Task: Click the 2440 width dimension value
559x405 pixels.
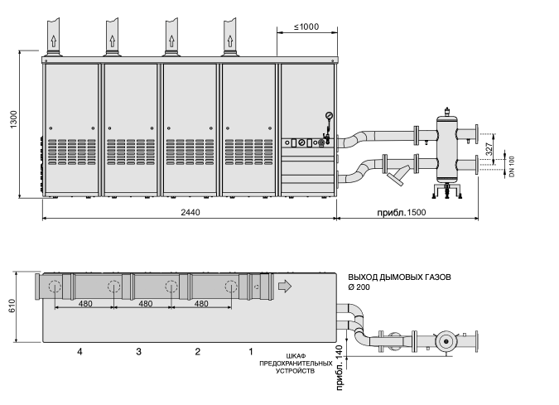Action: pos(190,213)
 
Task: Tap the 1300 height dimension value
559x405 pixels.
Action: pos(13,120)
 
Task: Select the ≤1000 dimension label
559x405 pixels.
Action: pos(306,27)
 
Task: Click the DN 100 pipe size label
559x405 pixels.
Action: pos(512,166)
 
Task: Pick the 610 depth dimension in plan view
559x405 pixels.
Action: pos(12,306)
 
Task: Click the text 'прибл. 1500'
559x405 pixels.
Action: pos(402,213)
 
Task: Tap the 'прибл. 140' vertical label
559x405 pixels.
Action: pos(339,368)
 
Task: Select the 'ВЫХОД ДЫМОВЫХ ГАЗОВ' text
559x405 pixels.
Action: pos(399,277)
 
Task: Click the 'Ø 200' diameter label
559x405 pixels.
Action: pos(359,287)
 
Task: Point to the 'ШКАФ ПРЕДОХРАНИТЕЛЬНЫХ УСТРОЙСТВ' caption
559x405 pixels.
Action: pos(296,364)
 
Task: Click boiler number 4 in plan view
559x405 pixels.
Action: pos(80,352)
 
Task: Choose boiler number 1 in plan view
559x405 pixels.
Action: pos(251,352)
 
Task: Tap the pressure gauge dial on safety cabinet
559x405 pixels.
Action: pos(329,115)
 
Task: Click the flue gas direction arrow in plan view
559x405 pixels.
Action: pos(285,286)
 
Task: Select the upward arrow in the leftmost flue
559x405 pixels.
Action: pos(54,41)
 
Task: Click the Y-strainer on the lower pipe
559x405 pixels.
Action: pos(398,175)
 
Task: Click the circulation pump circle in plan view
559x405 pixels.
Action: pos(446,341)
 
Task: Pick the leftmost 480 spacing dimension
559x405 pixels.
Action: pos(85,304)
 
